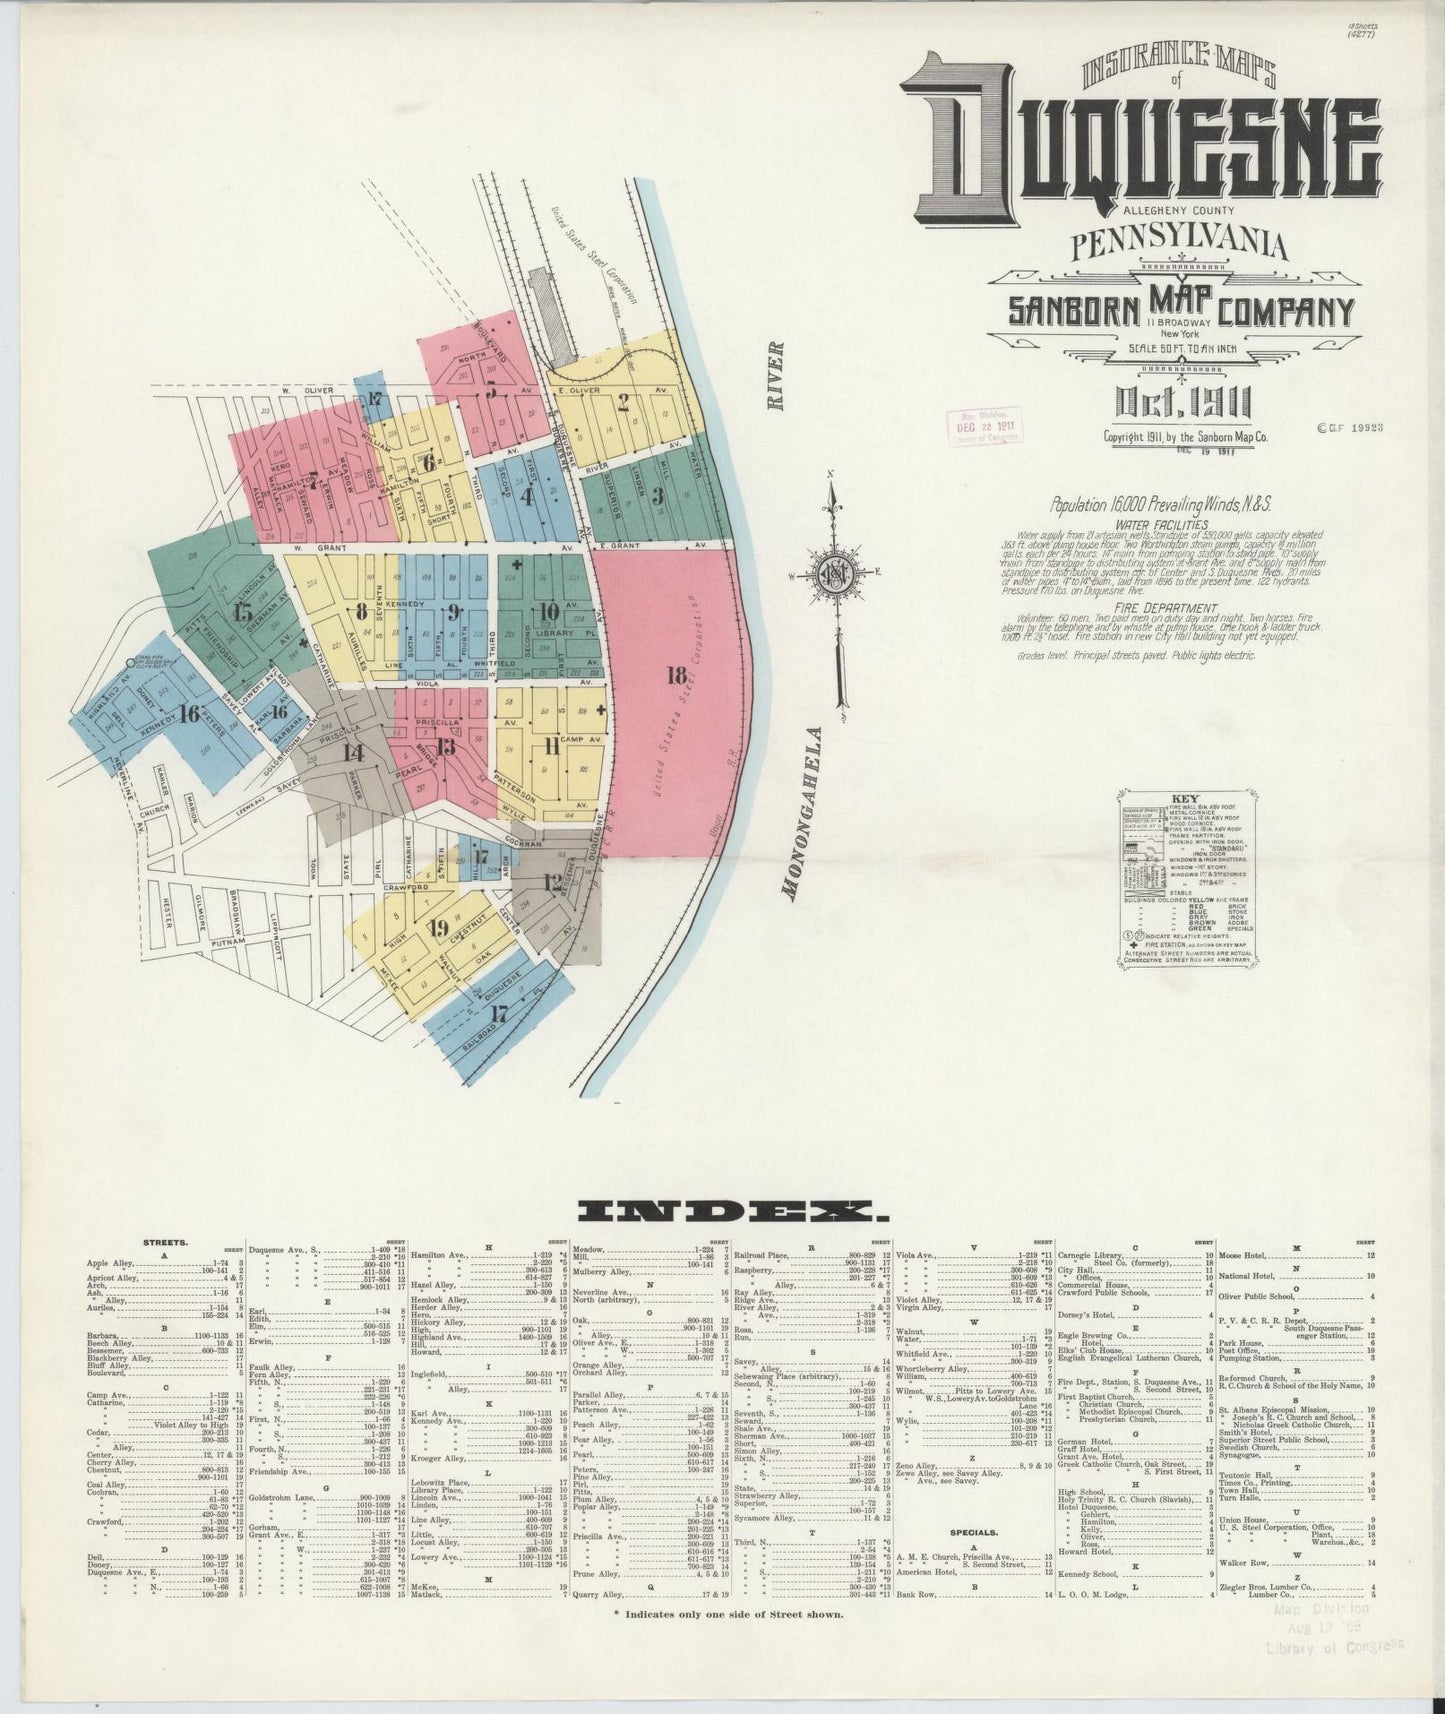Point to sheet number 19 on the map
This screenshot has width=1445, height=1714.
tap(437, 928)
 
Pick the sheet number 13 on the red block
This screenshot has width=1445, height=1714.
tap(446, 746)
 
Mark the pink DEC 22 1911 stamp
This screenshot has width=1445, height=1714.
tap(980, 426)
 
